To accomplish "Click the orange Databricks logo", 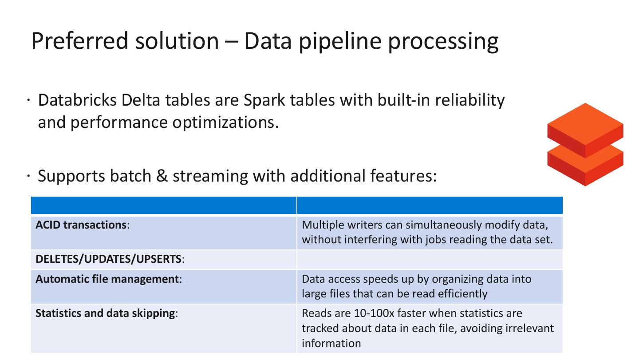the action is pos(585,144).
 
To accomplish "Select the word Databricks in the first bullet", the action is pos(77,100).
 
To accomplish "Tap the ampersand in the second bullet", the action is pos(162,176).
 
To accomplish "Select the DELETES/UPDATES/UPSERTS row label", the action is pos(110,259).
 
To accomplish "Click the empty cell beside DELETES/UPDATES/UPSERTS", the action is pos(429,260).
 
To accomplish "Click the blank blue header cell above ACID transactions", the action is pos(164,206).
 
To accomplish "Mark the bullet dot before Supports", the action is pos(28,176).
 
